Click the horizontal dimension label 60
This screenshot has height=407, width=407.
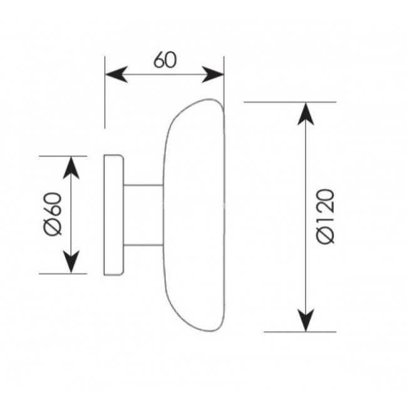[x=165, y=60]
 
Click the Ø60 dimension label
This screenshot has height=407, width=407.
[x=53, y=214]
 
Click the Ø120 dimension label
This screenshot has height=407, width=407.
[x=325, y=217]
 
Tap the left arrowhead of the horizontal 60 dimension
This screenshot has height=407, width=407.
[x=116, y=75]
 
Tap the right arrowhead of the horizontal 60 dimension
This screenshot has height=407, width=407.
[x=213, y=75]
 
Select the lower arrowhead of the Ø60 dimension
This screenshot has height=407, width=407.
[x=71, y=262]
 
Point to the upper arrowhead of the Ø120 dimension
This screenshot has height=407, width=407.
[x=306, y=114]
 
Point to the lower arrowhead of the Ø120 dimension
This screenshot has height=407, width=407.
[x=306, y=321]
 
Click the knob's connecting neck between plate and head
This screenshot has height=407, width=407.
[x=143, y=215]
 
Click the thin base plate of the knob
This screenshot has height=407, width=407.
[x=114, y=215]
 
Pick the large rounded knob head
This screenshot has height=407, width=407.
[x=194, y=215]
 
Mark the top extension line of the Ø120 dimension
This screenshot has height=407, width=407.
[x=290, y=102]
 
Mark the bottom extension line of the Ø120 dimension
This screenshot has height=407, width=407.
[x=300, y=332]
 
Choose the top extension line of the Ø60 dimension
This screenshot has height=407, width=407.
[x=63, y=157]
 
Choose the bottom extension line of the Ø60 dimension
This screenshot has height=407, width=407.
[x=63, y=274]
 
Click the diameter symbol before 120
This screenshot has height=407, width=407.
[x=326, y=236]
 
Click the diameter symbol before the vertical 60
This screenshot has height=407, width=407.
[x=53, y=227]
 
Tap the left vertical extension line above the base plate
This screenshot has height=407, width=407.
[x=105, y=92]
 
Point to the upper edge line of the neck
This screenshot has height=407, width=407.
[x=143, y=185]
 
